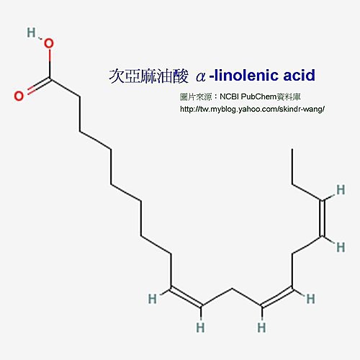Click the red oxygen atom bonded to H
48,43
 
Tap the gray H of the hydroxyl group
31,32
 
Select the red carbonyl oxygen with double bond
19,96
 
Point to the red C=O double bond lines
38,86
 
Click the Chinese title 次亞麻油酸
149,76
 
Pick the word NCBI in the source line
229,96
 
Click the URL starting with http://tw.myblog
252,109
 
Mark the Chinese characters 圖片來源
196,97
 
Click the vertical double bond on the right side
323,218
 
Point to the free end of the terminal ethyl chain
292,149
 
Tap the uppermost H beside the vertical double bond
341,189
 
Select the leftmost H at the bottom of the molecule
153,299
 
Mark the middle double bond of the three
277,297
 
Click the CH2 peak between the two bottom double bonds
232,289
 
